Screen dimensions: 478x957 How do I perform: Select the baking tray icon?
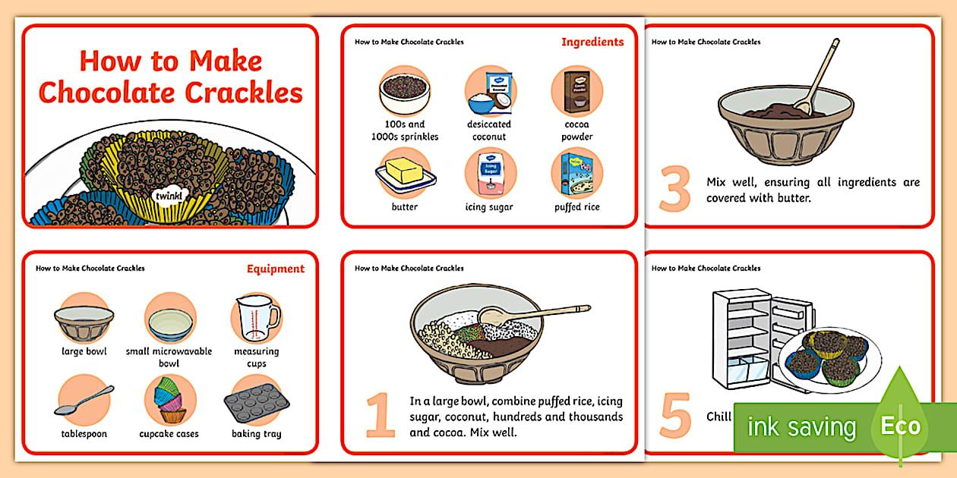coord(256,402)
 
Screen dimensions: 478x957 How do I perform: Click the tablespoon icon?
coord(84,401)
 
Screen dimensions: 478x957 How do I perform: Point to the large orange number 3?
coord(675,190)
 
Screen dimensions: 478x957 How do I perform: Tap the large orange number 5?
coord(675,416)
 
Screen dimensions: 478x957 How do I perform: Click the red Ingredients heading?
coord(592,42)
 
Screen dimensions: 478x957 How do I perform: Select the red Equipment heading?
coord(276,269)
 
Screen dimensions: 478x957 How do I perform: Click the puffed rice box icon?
coord(577,173)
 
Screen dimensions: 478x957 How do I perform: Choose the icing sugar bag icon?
coord(490,173)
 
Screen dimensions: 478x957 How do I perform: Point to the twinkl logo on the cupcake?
coord(168,196)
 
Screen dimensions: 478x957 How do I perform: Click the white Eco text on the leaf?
coord(900,426)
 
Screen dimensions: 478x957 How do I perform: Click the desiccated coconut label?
coord(490,131)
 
